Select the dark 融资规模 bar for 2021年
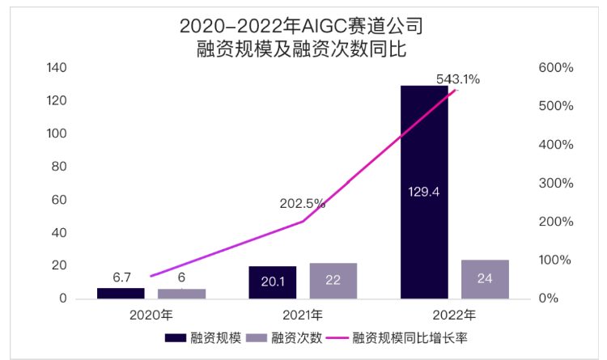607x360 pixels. point(273,282)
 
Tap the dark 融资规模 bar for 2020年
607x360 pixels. point(121,293)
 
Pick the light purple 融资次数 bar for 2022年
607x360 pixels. point(485,279)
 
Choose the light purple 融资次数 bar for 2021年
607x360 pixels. point(333,281)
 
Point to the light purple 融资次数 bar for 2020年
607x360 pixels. point(181,294)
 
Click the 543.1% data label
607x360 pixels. point(458,79)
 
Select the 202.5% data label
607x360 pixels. point(303,204)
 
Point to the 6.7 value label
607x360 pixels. point(122,277)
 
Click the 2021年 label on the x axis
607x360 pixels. point(303,314)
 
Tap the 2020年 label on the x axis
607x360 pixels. point(151,314)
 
